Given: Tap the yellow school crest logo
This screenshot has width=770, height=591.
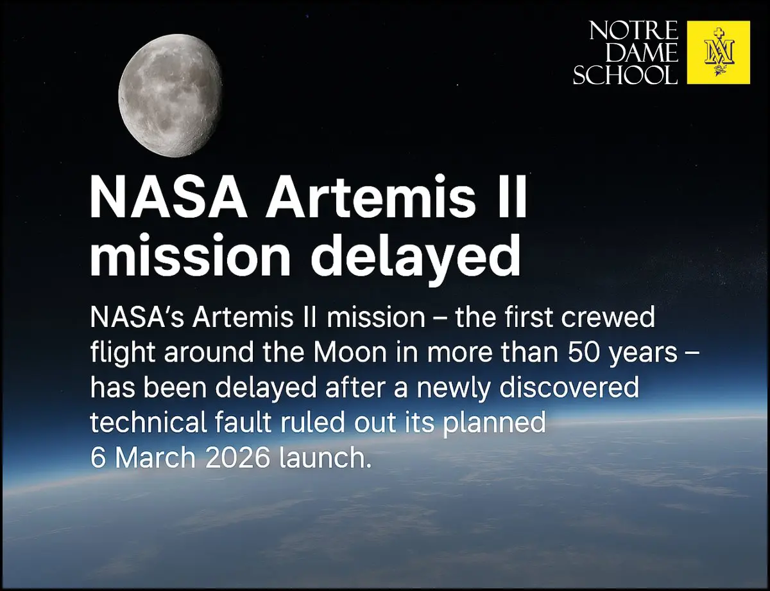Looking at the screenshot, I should coord(718,52).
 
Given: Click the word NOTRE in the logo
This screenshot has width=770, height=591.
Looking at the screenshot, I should coord(633,31).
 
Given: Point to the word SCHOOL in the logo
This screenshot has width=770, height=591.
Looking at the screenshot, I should coord(625,75).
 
